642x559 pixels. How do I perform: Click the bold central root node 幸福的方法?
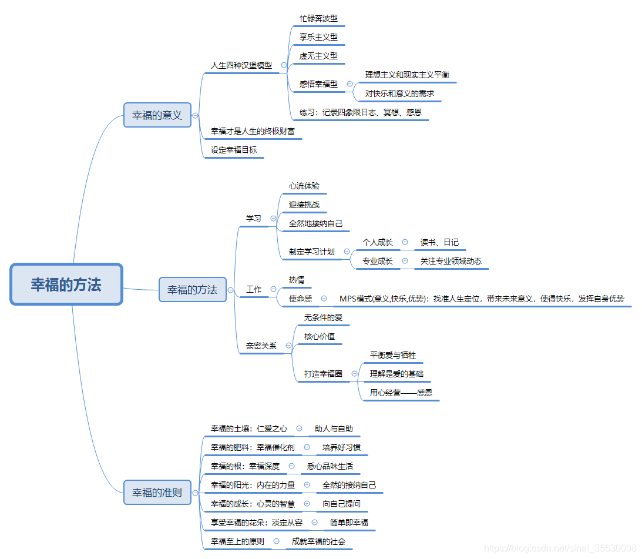point(66,284)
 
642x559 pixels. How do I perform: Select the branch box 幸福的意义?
point(157,115)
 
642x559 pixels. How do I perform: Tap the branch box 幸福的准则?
point(157,493)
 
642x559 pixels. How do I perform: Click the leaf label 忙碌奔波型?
point(318,18)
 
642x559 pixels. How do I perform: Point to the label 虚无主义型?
point(318,56)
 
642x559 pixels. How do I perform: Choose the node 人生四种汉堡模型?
point(241,65)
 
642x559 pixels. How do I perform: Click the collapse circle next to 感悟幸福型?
point(349,84)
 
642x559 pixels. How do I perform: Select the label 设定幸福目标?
point(234,150)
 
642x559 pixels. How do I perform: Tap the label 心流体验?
point(304,186)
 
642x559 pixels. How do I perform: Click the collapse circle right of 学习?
point(273,219)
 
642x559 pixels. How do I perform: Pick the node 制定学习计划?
point(312,252)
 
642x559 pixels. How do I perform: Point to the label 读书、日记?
point(439,242)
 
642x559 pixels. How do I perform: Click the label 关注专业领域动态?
point(451,261)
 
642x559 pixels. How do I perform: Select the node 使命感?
point(301,299)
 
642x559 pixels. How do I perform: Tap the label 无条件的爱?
point(323,317)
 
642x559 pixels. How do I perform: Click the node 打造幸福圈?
point(323,373)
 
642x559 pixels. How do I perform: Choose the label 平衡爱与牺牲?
point(393,355)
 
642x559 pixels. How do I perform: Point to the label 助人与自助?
point(334,429)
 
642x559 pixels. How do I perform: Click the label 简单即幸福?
point(349,522)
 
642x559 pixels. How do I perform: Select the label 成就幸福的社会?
point(319,541)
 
